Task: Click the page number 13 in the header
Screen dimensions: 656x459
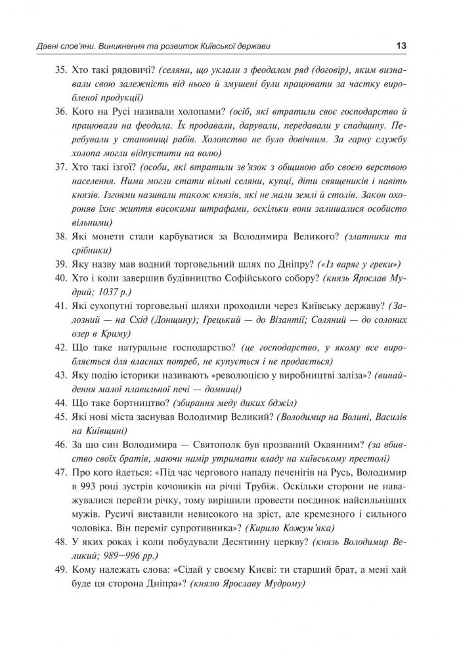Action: pos(401,46)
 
